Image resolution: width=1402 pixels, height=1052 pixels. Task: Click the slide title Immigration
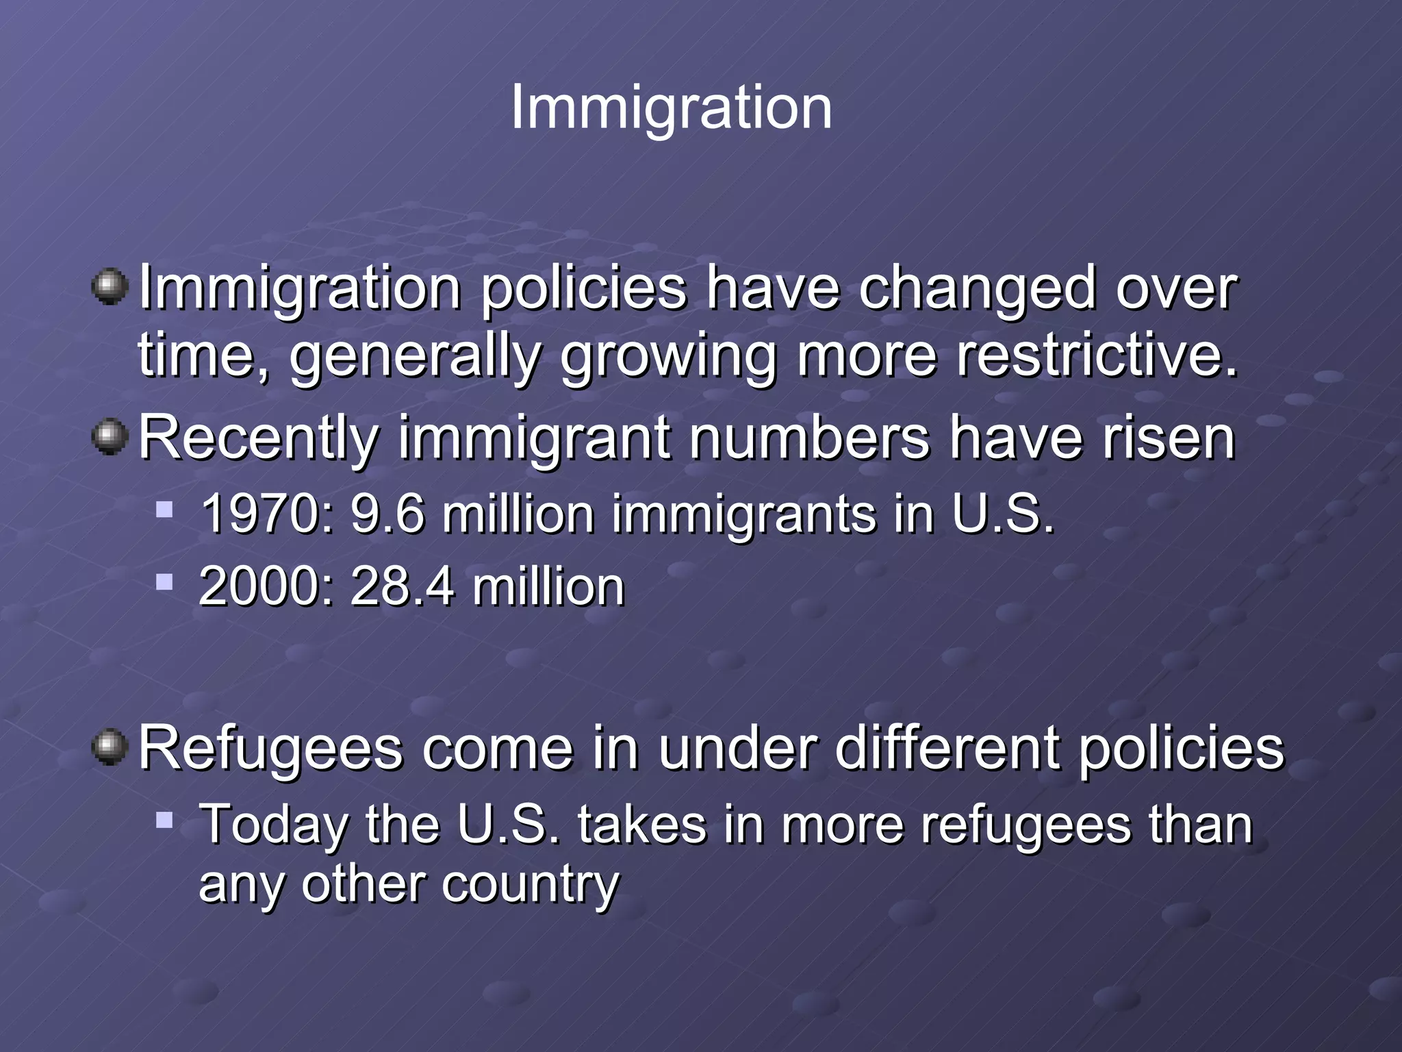point(671,107)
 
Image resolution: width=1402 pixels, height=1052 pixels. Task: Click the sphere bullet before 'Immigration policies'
point(110,287)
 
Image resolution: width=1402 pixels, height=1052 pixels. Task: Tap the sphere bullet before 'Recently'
point(110,438)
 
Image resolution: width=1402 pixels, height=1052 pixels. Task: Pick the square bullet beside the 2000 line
point(164,583)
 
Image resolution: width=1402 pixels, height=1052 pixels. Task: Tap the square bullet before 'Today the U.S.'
point(164,819)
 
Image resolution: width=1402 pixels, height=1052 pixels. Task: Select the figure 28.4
point(402,587)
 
